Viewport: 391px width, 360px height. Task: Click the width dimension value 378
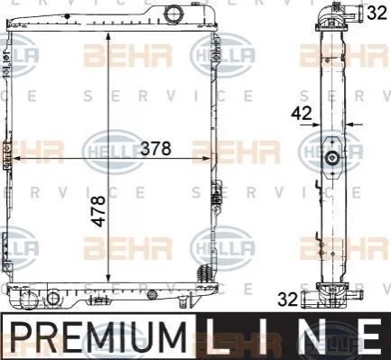click(156, 148)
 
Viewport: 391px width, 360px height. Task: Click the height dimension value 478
click(98, 211)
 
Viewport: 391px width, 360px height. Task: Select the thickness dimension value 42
click(302, 114)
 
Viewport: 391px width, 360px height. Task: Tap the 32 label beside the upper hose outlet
click(377, 13)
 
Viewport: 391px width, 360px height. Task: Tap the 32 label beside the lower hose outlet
click(287, 300)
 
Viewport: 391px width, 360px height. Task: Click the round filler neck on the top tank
click(173, 14)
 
